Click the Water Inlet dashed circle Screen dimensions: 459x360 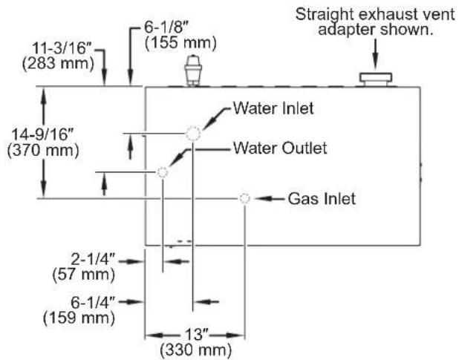point(193,127)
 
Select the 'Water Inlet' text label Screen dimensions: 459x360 point(273,108)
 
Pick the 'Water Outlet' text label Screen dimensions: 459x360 point(280,148)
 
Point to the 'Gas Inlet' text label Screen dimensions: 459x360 point(322,199)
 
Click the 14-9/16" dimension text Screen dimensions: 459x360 point(42,135)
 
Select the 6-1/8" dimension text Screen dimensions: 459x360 point(166,27)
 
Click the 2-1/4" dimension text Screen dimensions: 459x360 point(93,259)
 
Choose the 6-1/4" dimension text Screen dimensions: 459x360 point(93,302)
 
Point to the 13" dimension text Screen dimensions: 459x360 point(196,334)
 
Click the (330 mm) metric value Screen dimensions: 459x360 point(196,350)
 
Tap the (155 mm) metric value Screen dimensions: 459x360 point(181,43)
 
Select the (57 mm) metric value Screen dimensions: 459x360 point(84,275)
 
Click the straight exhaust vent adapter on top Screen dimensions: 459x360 point(376,79)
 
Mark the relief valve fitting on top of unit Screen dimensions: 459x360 point(193,71)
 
